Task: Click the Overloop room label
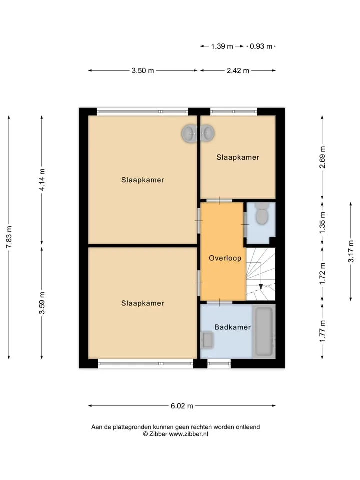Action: coord(225,258)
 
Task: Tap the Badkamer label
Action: coord(232,327)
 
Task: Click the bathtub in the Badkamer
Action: coord(264,332)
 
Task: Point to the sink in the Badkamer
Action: coord(207,340)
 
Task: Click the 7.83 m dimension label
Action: coord(9,237)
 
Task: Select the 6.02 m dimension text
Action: coord(182,406)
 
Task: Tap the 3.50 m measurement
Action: coord(143,70)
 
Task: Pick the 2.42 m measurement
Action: coord(238,70)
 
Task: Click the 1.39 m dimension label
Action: coord(222,46)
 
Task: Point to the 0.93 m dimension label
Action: coord(261,46)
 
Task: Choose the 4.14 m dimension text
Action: coord(42,179)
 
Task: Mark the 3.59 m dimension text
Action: coord(42,303)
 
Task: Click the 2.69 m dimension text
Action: coord(322,157)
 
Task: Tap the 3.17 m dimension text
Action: coord(351,251)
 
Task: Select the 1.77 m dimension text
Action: coord(322,332)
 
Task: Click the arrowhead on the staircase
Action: coord(261,287)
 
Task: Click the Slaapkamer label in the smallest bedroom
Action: coord(238,157)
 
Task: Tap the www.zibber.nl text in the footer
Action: coord(189,434)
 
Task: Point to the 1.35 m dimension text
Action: coord(322,223)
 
